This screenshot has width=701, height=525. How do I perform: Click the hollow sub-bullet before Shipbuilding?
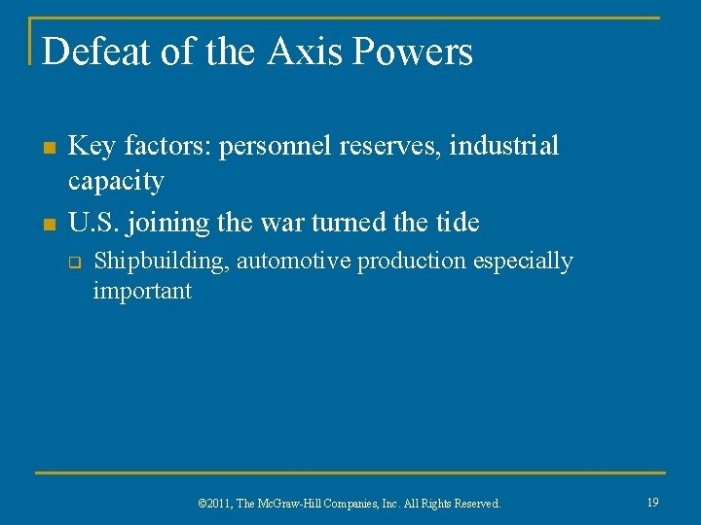[72, 262]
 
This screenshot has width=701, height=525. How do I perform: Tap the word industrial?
[504, 146]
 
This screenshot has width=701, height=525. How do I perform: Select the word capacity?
[116, 181]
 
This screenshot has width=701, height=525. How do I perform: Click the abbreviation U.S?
[93, 223]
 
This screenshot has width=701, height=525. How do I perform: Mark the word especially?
[524, 262]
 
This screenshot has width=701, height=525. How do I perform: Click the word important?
[142, 291]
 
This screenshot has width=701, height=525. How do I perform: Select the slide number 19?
[652, 502]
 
